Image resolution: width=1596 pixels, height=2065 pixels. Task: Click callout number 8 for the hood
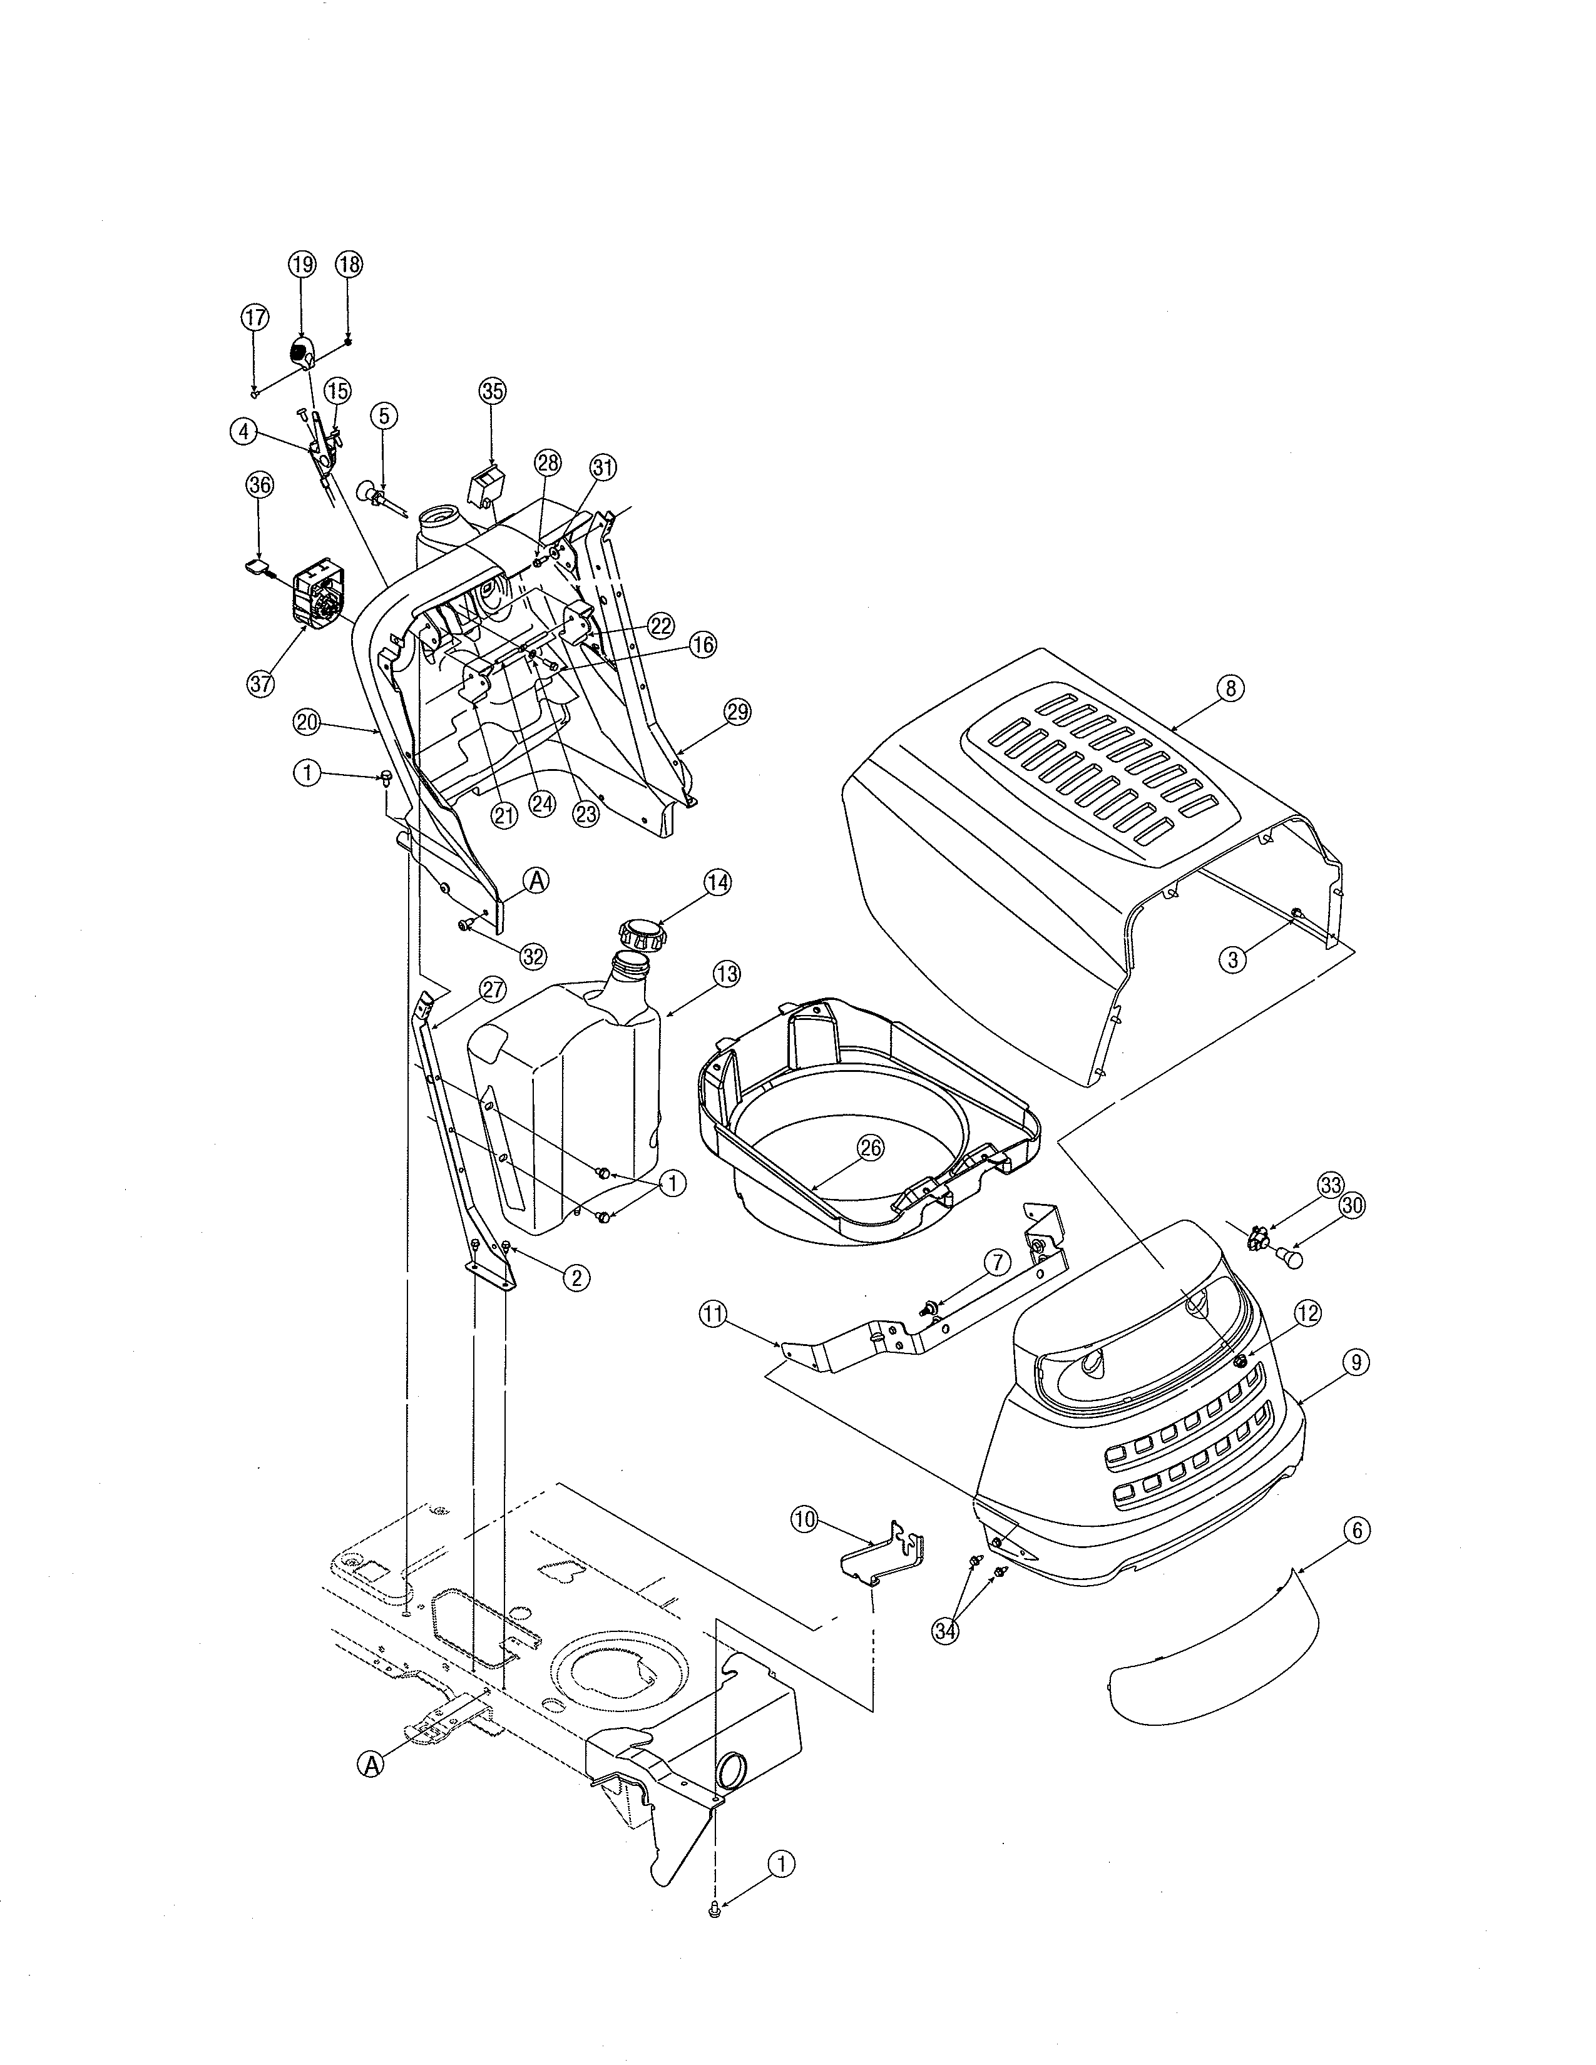1230,688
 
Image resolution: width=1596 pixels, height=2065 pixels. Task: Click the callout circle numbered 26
870,1147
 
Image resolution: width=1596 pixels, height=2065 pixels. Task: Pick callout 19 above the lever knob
302,264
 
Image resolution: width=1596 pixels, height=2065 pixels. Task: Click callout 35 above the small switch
493,390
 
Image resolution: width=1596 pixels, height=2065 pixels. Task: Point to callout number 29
737,712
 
